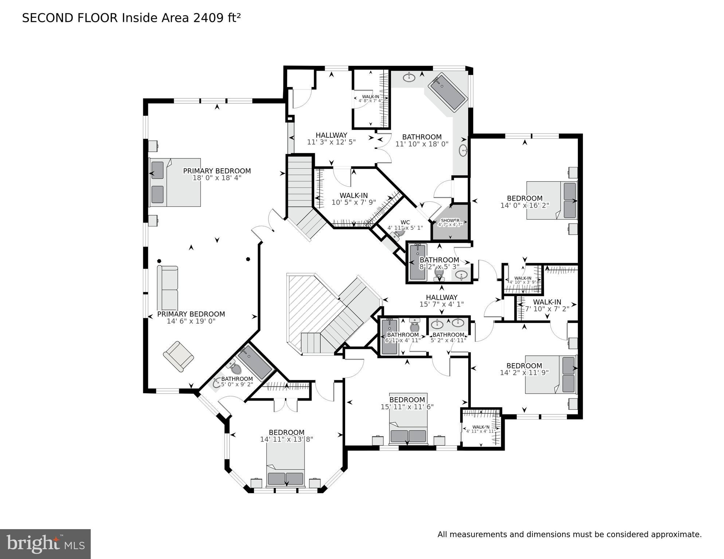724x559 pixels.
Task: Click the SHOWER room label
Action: (450, 221)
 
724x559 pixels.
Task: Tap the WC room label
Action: (405, 222)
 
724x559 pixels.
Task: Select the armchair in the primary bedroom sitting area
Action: (179, 356)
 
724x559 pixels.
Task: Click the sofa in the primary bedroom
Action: (168, 288)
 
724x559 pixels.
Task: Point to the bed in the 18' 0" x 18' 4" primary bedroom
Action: (175, 182)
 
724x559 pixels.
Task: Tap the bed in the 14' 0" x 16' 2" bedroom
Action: (551, 200)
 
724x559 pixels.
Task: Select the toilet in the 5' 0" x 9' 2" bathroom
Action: (235, 369)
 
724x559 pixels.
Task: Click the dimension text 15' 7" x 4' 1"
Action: (442, 304)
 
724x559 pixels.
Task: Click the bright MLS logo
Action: (45, 544)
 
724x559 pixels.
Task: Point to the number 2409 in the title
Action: (207, 18)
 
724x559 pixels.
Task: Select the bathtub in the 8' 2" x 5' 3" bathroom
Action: (417, 262)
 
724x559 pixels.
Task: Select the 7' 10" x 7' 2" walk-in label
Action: (547, 302)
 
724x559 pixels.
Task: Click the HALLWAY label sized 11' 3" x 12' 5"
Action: (331, 135)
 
